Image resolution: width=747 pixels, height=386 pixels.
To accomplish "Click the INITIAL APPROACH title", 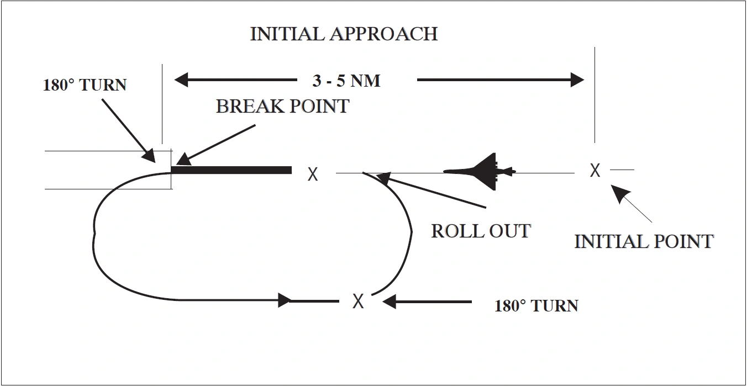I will click(x=344, y=34).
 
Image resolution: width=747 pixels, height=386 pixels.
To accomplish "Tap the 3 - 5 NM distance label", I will click(x=346, y=81).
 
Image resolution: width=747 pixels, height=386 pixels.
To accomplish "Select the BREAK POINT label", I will click(x=282, y=105).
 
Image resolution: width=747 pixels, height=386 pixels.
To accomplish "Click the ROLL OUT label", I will click(x=481, y=230).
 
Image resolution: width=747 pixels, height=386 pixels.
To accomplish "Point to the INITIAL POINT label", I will click(x=644, y=241).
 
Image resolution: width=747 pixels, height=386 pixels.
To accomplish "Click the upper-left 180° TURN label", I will click(x=85, y=85).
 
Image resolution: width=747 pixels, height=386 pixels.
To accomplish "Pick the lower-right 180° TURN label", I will click(x=536, y=305).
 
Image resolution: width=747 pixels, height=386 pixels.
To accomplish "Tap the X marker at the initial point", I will click(x=595, y=170).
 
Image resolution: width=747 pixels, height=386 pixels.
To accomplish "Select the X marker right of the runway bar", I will click(x=313, y=175).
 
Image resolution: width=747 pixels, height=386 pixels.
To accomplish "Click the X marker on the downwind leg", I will click(x=358, y=301).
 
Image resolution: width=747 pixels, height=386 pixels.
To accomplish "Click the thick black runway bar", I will click(x=231, y=170).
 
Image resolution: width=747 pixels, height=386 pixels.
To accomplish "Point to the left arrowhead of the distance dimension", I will click(x=182, y=80).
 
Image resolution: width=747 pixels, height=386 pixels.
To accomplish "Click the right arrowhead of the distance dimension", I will click(x=577, y=80).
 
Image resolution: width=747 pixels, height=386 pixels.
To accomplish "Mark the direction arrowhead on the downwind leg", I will click(x=284, y=300).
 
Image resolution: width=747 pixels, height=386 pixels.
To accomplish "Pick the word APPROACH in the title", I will click(x=384, y=34).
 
